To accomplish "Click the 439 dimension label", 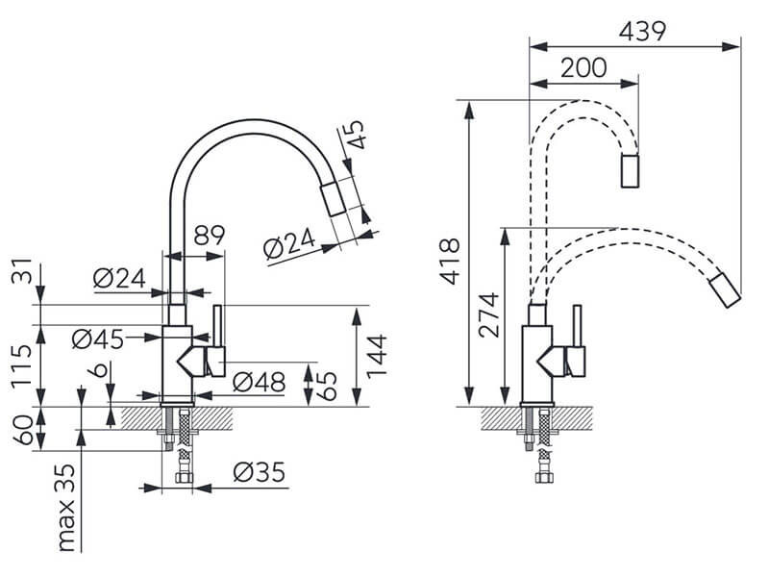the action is pyautogui.click(x=642, y=32).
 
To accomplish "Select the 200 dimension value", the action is pyautogui.click(x=583, y=67).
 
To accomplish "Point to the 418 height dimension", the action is pyautogui.click(x=450, y=261).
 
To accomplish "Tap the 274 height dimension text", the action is pyautogui.click(x=489, y=315).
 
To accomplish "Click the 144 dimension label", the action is pyautogui.click(x=377, y=356).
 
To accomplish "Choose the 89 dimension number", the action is pyautogui.click(x=209, y=235).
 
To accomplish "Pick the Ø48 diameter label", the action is pyautogui.click(x=259, y=382).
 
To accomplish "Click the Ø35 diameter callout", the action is pyautogui.click(x=259, y=472).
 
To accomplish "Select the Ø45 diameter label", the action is pyautogui.click(x=98, y=339).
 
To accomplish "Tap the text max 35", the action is pyautogui.click(x=65, y=508).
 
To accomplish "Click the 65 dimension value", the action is pyautogui.click(x=327, y=386).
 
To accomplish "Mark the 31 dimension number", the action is pyautogui.click(x=21, y=271).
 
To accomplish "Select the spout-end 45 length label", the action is pyautogui.click(x=356, y=134).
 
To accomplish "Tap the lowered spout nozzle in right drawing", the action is pyautogui.click(x=725, y=289).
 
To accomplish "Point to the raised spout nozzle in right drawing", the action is pyautogui.click(x=630, y=170).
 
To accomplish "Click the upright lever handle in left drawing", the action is pyautogui.click(x=218, y=326).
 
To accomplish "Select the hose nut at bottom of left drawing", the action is pyautogui.click(x=184, y=478).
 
